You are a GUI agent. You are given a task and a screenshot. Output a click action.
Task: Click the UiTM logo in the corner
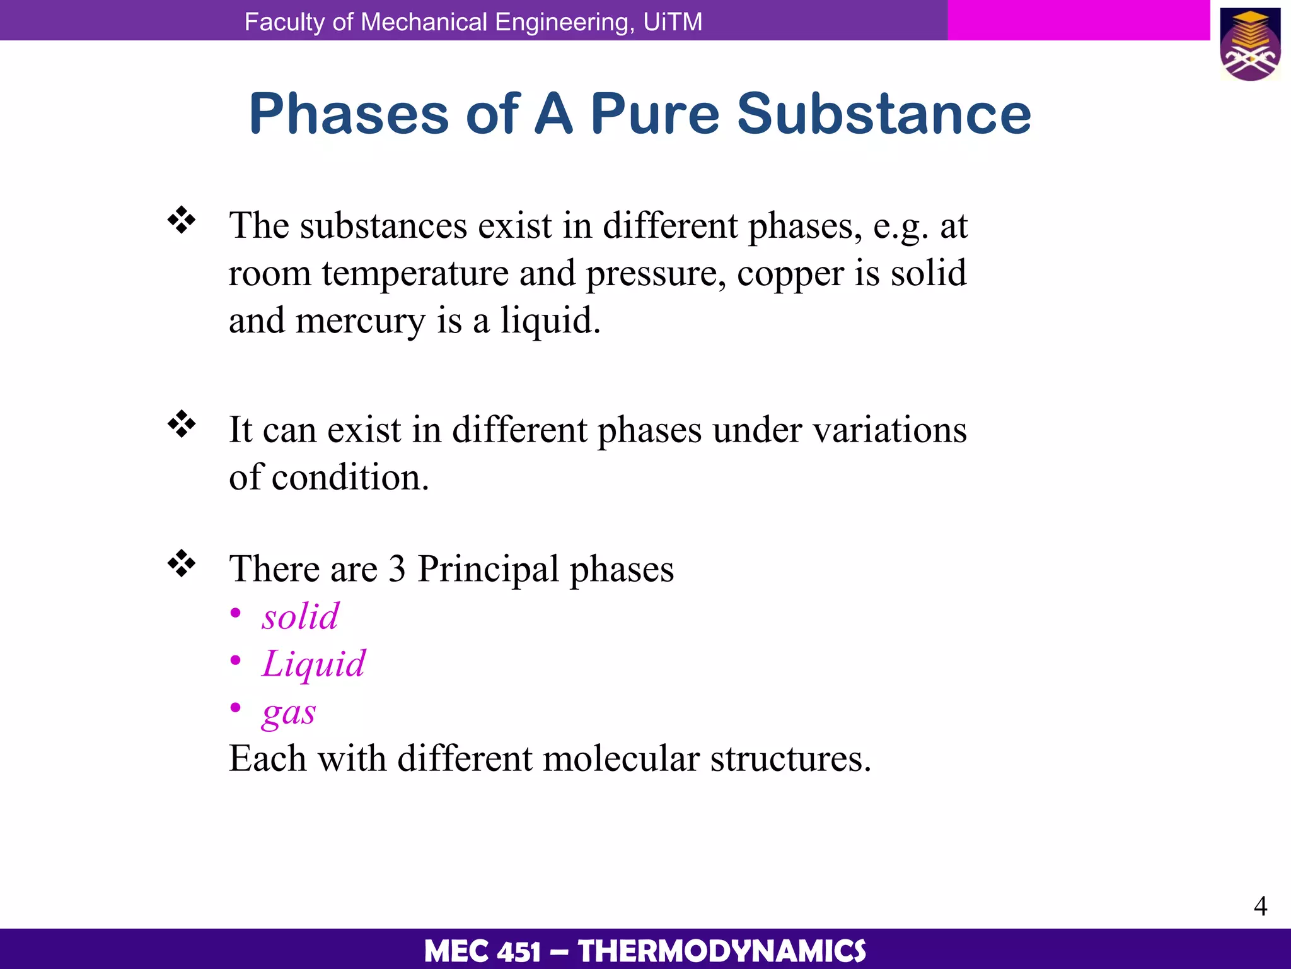pyautogui.click(x=1251, y=44)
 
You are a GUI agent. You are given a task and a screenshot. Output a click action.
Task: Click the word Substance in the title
pyautogui.click(x=884, y=114)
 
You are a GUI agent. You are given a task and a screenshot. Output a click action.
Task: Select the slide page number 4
pyautogui.click(x=1260, y=906)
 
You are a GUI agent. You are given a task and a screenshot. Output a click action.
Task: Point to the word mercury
pyautogui.click(x=361, y=322)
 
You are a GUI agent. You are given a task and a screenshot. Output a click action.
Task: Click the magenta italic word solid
pyautogui.click(x=301, y=616)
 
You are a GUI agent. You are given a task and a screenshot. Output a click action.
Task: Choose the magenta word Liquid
pyautogui.click(x=313, y=664)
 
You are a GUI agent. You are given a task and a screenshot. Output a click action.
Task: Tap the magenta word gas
pyautogui.click(x=289, y=713)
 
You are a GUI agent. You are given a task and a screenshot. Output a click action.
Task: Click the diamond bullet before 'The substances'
pyautogui.click(x=182, y=220)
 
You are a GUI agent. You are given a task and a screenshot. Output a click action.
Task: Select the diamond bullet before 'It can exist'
pyautogui.click(x=182, y=425)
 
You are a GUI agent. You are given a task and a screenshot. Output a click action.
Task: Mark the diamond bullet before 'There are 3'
pyautogui.click(x=182, y=563)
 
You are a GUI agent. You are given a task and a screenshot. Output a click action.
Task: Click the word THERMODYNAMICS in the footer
pyautogui.click(x=722, y=951)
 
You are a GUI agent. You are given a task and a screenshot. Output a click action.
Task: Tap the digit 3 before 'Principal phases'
pyautogui.click(x=397, y=569)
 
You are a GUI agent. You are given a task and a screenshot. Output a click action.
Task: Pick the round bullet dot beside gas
pyautogui.click(x=236, y=708)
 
